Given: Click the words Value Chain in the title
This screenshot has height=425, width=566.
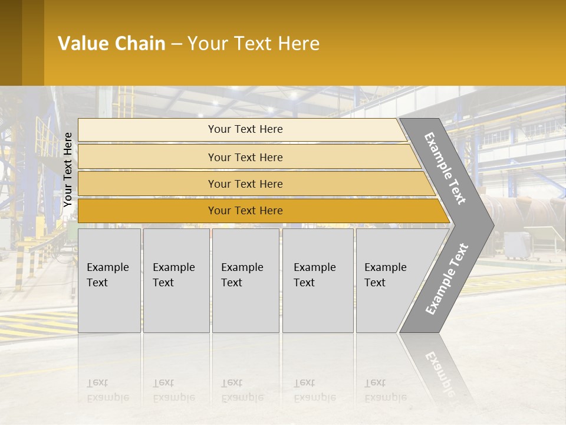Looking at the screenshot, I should click(x=111, y=44).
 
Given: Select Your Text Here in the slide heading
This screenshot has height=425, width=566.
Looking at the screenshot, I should click(x=254, y=44).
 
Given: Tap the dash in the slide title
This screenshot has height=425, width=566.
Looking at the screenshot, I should click(x=176, y=44).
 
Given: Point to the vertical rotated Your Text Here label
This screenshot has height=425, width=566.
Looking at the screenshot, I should click(x=68, y=169).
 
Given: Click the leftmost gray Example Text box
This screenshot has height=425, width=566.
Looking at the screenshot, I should click(x=109, y=280).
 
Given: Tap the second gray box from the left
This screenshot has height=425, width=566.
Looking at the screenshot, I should click(x=176, y=280).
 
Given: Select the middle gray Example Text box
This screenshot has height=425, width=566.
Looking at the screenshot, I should click(x=245, y=280).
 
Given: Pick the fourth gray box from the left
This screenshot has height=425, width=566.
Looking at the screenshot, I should click(x=318, y=280).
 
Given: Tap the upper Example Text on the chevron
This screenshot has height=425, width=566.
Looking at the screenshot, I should click(x=445, y=168).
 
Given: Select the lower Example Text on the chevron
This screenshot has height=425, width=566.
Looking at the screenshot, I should click(x=446, y=279).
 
